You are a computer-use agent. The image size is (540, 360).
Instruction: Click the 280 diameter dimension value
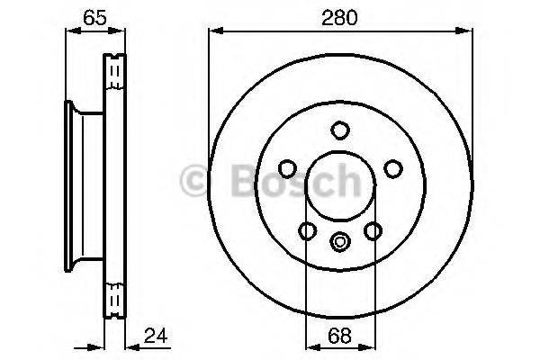(339, 16)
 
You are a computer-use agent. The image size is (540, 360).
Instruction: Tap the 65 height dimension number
(93, 16)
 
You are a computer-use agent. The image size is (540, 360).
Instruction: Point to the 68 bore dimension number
(339, 338)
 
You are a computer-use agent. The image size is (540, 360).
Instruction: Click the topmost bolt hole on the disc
(339, 130)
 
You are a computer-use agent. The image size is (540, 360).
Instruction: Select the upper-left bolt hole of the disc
(287, 168)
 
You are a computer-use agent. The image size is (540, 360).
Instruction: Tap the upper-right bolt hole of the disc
(391, 168)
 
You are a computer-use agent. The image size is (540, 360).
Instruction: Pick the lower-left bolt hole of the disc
(307, 231)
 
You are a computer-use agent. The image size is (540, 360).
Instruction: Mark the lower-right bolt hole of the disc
(372, 231)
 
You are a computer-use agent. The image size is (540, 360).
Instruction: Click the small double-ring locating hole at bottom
(339, 241)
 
